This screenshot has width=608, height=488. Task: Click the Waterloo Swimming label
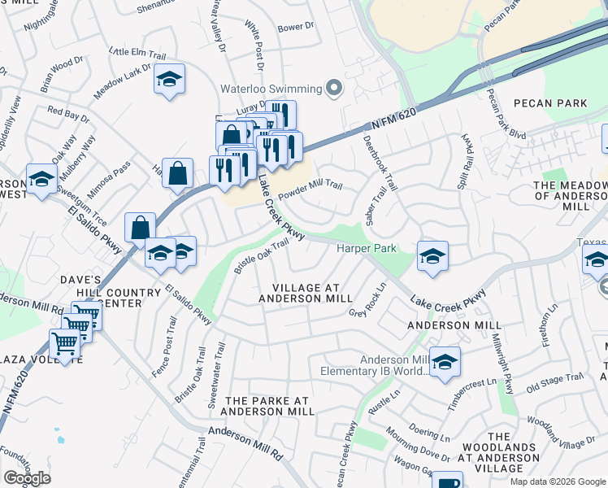[271, 88]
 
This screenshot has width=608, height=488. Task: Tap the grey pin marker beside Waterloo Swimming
[333, 88]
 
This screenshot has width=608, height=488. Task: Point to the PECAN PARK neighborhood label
[550, 103]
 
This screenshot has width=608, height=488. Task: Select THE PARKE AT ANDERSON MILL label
[269, 406]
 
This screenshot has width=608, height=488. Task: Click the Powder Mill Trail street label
[311, 190]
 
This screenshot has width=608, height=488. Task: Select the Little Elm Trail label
[137, 54]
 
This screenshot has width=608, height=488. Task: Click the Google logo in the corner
[27, 478]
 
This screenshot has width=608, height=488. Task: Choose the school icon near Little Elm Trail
[169, 80]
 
